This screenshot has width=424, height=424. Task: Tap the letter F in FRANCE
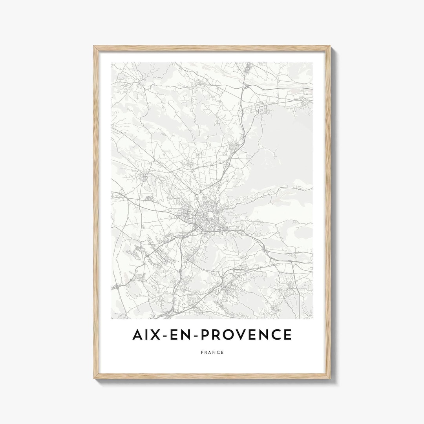click(201, 353)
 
